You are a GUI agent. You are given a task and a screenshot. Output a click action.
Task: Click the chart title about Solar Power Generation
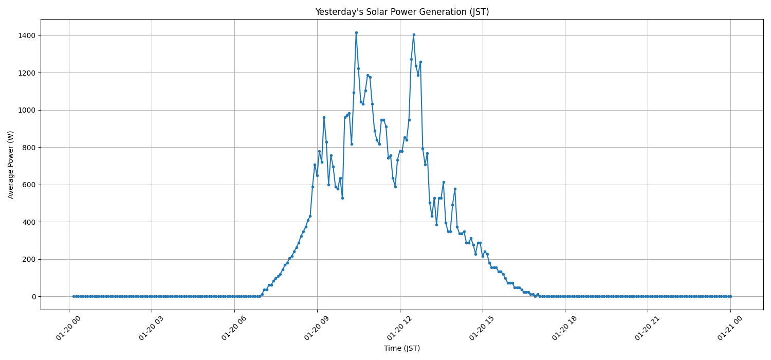click(402, 12)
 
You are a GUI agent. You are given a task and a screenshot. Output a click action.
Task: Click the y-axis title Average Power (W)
click(11, 165)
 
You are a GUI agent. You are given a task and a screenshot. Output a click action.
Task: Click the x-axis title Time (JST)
click(402, 348)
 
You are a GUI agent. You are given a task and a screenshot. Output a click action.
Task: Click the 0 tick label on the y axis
click(33, 297)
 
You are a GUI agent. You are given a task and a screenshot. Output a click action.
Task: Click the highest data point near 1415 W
click(356, 32)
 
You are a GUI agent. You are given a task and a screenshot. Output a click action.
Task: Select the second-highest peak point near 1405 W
click(414, 34)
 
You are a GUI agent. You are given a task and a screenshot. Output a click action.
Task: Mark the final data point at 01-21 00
click(730, 296)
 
